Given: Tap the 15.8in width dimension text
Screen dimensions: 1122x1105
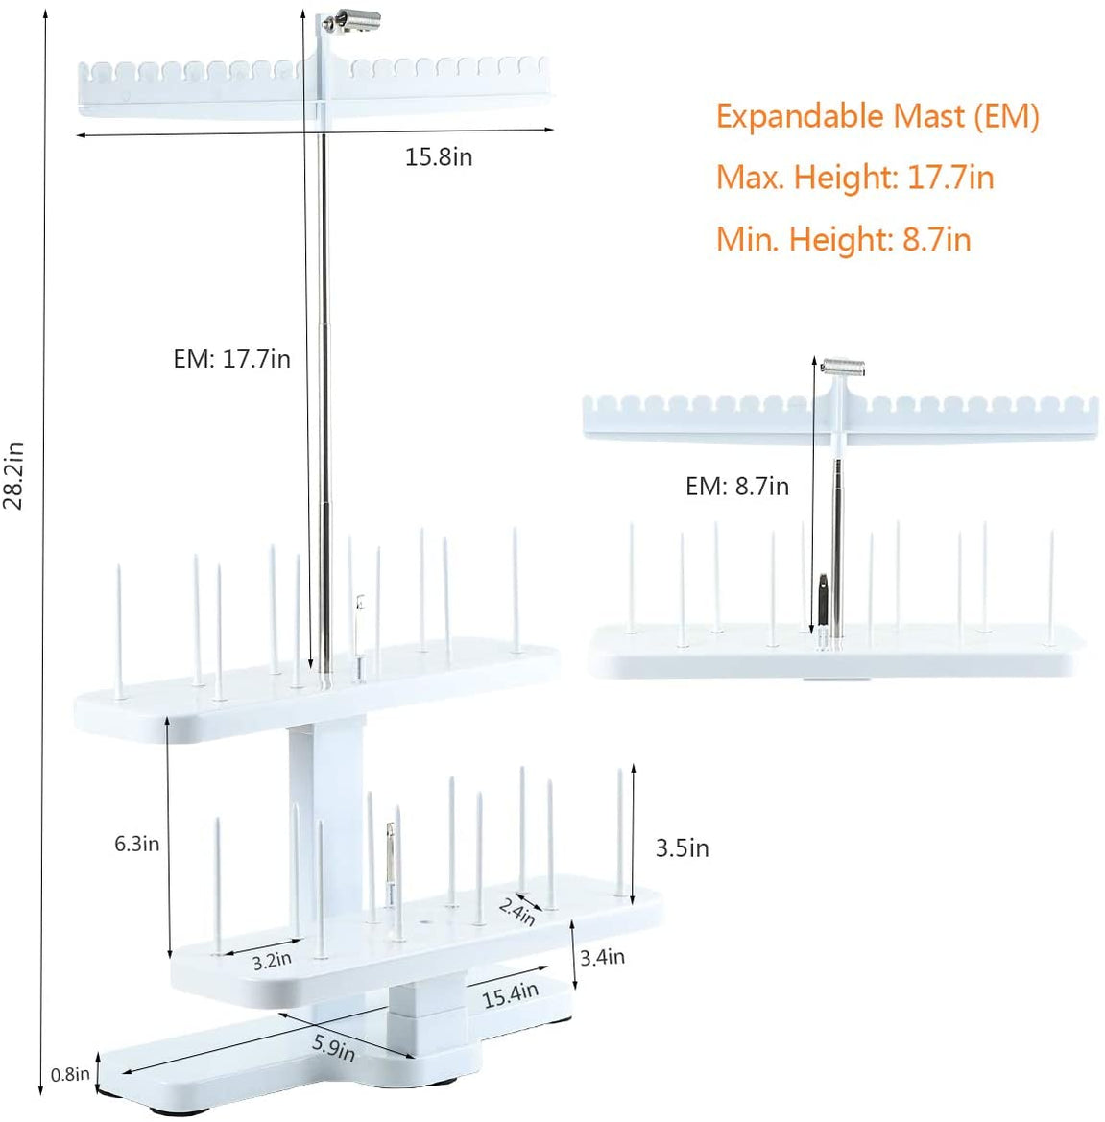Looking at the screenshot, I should pos(439,157).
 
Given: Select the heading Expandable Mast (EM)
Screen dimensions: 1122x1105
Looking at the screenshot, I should pos(877,116).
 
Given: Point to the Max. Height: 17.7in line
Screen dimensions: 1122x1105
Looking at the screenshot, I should pos(854,178).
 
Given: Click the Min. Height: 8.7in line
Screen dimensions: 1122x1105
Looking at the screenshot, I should pos(843,239).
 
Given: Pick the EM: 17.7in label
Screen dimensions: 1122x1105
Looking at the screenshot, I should pos(231,359).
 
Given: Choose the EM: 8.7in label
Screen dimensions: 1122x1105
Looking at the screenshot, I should pos(736,487).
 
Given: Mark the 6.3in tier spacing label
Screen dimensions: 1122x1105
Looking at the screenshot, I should pos(136,844).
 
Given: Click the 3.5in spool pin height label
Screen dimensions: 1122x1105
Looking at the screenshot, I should pos(682,847).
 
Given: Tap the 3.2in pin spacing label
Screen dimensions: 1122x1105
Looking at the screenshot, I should pos(272,960).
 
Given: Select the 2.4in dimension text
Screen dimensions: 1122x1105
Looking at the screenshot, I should pos(517,910).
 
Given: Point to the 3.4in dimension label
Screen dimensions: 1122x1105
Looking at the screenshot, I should pos(602,957).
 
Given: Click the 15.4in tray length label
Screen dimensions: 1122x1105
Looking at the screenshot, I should pos(510,994).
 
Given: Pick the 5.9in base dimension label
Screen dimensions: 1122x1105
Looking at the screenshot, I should pos(333,1047).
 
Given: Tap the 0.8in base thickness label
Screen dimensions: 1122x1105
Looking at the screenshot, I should pos(70,1075).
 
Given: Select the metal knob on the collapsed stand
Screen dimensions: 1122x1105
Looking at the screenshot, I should pos(844,368).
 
